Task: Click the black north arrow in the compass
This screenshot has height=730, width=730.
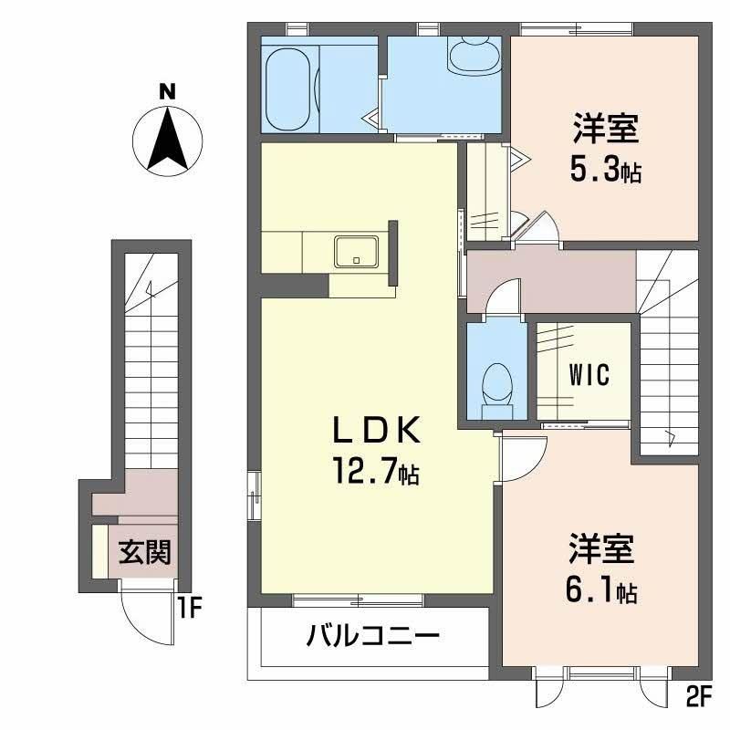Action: [168, 138]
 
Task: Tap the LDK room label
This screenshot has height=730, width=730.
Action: [376, 430]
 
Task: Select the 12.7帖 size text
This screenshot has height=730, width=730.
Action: [376, 471]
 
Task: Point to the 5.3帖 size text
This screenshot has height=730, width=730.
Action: [606, 170]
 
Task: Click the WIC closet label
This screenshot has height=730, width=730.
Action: [589, 374]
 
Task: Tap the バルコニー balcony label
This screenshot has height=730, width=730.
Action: [373, 635]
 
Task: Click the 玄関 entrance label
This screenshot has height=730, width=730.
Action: [145, 552]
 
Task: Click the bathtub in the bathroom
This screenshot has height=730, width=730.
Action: [287, 89]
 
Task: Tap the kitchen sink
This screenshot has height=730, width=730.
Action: [357, 252]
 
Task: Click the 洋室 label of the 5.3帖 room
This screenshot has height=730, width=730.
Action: [606, 129]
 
